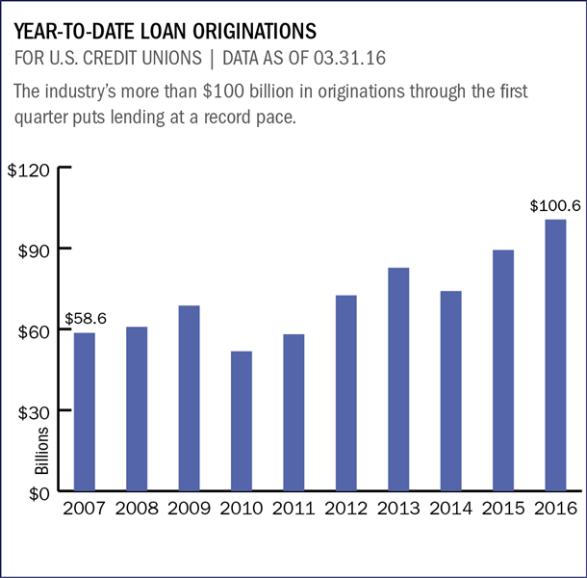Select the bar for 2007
click(x=83, y=411)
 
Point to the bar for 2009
click(x=188, y=399)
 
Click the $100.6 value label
click(x=553, y=206)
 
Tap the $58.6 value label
click(x=85, y=318)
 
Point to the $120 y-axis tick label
click(x=30, y=169)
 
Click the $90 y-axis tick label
click(x=33, y=250)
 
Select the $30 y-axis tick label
click(x=33, y=411)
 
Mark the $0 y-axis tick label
click(x=38, y=492)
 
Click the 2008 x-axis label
click(x=136, y=508)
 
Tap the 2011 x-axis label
click(x=293, y=508)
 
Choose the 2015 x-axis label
click(x=502, y=508)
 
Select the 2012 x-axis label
click(x=345, y=508)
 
